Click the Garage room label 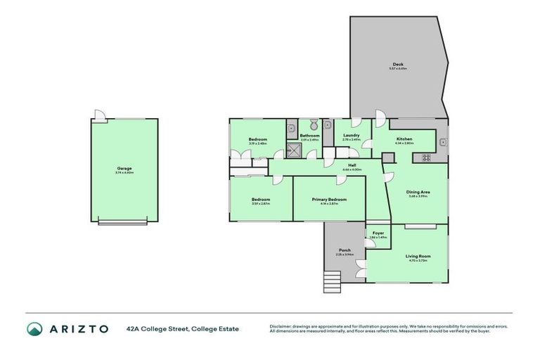(x=124, y=168)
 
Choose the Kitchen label (x=404, y=139)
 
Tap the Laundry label (x=351, y=136)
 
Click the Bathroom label (x=309, y=136)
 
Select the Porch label (x=345, y=250)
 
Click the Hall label (x=352, y=165)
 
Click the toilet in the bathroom (x=310, y=124)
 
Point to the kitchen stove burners (x=427, y=157)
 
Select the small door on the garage (x=101, y=115)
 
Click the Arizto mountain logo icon (x=34, y=328)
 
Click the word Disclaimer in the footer (x=281, y=326)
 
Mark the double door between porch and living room (x=361, y=267)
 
